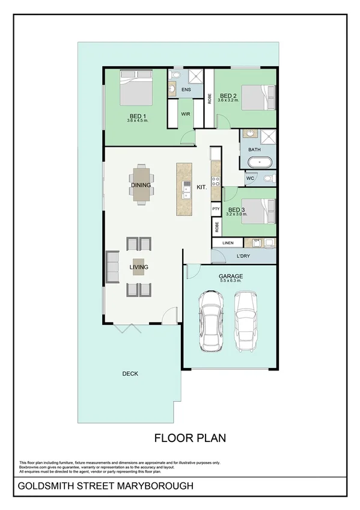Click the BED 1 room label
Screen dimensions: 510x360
coord(138,115)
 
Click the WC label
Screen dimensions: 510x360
coord(251,179)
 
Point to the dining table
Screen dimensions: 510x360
coord(141,185)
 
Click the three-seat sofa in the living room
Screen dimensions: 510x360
coord(112,266)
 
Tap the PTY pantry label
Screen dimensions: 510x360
coord(216,208)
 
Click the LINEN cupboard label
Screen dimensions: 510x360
coord(227,243)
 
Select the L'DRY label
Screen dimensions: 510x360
coord(243,257)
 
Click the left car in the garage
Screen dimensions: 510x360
coord(212,320)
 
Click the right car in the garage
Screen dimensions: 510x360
coord(246,321)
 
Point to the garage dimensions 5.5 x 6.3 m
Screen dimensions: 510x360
coord(231,280)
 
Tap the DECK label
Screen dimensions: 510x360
coord(130,373)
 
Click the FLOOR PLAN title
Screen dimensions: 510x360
coord(190,438)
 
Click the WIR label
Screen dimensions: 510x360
coord(186,113)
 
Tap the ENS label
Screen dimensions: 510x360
coord(186,90)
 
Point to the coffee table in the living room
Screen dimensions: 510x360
coord(139,266)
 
